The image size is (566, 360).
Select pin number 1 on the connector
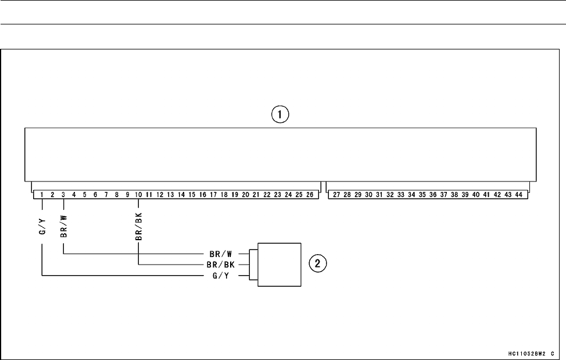click(x=42, y=195)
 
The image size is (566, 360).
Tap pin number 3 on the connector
click(x=63, y=195)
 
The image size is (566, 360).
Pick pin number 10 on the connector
click(x=138, y=195)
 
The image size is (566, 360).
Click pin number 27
click(x=336, y=195)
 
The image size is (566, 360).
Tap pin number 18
click(x=224, y=195)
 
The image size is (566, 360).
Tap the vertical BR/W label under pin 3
click(x=64, y=224)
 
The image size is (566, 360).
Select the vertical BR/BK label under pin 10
click(x=138, y=222)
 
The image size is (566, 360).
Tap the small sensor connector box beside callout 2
click(x=280, y=265)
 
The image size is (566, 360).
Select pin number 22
click(x=267, y=195)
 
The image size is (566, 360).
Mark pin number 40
click(x=476, y=195)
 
